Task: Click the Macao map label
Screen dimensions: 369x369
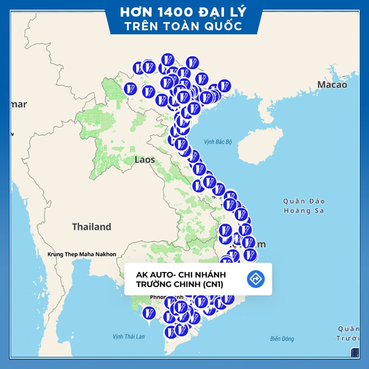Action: (332, 85)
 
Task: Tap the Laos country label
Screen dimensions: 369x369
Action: (145, 160)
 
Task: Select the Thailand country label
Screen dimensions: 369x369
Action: (92, 227)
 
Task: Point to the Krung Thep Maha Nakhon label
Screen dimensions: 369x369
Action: (82, 254)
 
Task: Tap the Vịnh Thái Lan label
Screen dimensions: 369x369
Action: (129, 337)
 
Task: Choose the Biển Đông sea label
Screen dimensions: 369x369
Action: (282, 339)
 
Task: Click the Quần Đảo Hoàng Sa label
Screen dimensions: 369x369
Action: (304, 206)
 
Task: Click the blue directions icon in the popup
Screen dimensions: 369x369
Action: (256, 279)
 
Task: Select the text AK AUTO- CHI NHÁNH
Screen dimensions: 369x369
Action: (181, 275)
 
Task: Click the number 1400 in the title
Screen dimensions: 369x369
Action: (172, 12)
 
